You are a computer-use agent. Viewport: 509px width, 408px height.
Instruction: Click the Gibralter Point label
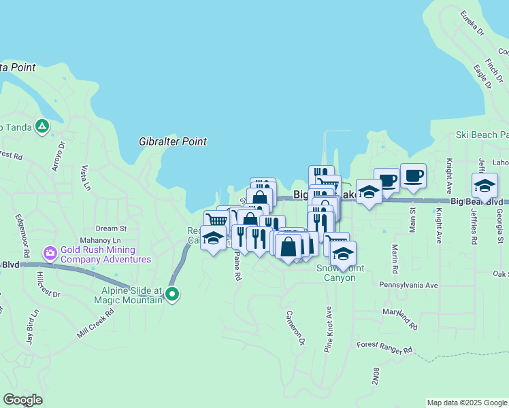coord(173,141)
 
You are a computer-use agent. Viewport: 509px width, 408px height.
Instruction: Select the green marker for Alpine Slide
coord(173,294)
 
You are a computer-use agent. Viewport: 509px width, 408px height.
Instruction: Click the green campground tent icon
coord(42,126)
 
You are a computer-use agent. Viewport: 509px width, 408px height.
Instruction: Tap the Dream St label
coord(112,228)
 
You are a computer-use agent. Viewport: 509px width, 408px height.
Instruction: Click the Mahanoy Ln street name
coord(100,240)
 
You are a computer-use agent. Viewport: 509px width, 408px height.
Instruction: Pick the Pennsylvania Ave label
coord(408,285)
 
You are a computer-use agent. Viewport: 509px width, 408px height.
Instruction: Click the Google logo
coord(22,400)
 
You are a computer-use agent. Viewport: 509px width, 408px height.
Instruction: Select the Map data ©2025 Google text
coord(466,403)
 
